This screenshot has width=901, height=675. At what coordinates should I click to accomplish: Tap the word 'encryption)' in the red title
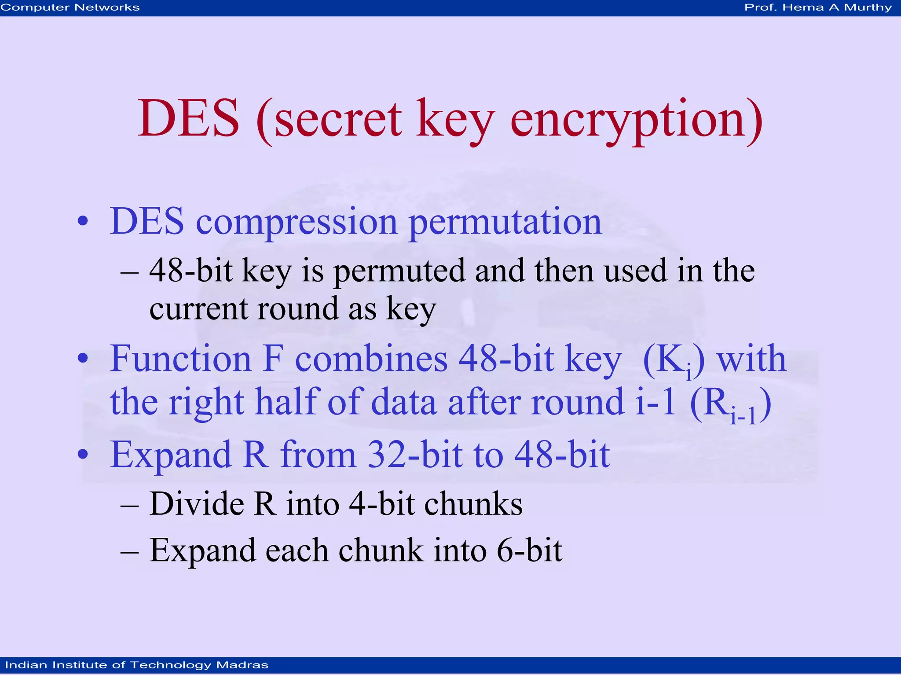click(x=636, y=120)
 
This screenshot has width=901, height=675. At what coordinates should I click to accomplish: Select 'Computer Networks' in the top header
click(x=70, y=7)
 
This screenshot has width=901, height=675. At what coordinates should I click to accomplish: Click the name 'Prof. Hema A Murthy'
click(x=818, y=7)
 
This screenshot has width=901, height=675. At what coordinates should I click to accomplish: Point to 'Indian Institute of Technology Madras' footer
click(x=137, y=665)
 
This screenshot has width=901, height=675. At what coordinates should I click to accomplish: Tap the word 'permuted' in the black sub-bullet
click(x=399, y=271)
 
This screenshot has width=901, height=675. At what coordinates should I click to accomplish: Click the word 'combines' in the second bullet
click(x=371, y=359)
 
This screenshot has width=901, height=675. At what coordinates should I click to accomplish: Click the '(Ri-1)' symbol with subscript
click(x=730, y=404)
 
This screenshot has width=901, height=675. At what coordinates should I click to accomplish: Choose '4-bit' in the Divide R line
click(x=381, y=503)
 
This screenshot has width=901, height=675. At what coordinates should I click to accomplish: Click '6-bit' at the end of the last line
click(x=529, y=550)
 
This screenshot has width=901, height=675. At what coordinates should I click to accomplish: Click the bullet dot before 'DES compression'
click(x=83, y=221)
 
